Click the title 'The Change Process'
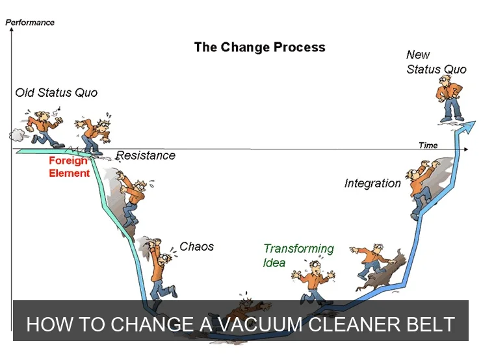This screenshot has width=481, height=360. click(259, 47)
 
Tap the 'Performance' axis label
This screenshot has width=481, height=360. click(30, 23)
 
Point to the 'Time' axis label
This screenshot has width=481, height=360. click(428, 146)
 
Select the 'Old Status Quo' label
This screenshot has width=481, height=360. click(57, 92)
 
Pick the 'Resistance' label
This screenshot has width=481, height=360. click(146, 155)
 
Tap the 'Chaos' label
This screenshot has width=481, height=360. click(196, 246)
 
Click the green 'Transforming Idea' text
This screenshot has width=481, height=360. click(298, 255)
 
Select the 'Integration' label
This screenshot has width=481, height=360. click(372, 183)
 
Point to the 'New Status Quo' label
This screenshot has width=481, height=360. click(436, 62)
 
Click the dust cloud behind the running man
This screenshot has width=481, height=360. click(16, 135)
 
